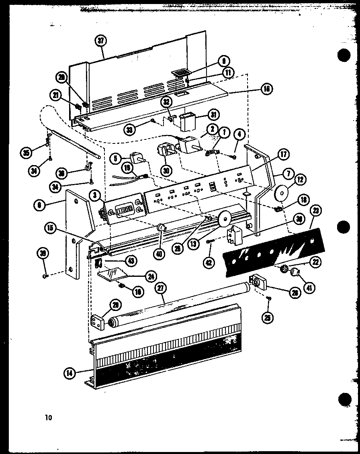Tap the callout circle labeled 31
[214, 115]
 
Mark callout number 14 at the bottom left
[70, 373]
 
